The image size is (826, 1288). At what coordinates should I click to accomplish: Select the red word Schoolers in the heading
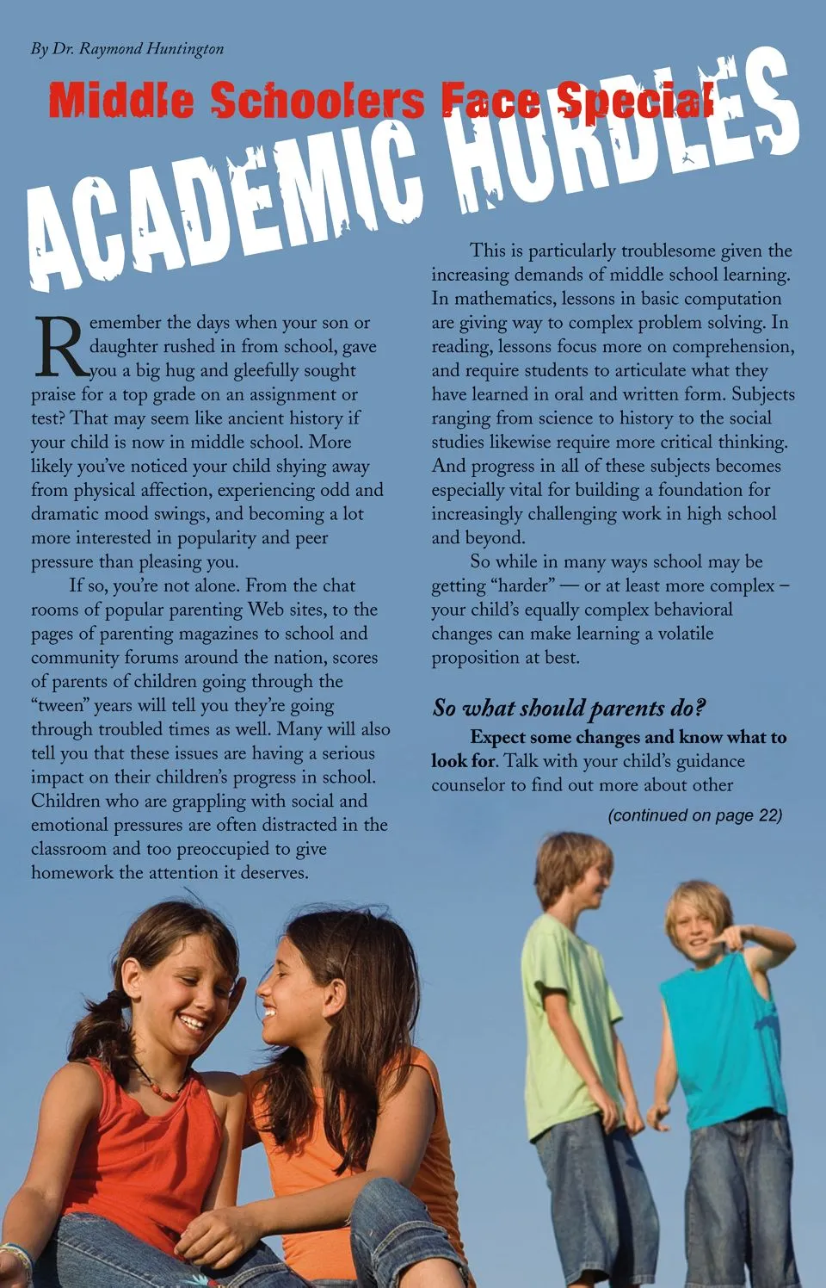pos(317,102)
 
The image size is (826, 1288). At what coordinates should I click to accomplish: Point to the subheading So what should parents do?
pos(568,709)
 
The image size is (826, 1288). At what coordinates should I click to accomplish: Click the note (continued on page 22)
pos(694,815)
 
